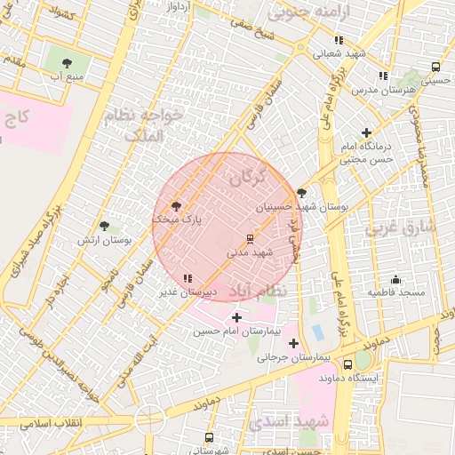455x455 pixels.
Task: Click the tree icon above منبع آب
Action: (x=68, y=61)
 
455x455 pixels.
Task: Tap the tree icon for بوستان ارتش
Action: (x=105, y=227)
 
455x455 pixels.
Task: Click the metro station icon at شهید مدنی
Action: (x=250, y=239)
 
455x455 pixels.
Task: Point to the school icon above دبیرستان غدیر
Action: (x=187, y=279)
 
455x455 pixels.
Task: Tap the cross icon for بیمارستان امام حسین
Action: (x=236, y=317)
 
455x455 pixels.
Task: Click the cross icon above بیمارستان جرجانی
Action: (x=293, y=343)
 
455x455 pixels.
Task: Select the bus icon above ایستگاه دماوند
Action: (x=363, y=363)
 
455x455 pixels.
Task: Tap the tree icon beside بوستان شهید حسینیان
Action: (x=302, y=193)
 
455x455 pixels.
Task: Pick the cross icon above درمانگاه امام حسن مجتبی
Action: (x=366, y=132)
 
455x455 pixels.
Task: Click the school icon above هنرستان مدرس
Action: (x=383, y=76)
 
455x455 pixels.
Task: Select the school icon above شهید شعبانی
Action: (x=339, y=40)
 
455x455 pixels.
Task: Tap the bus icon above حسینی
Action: (x=435, y=67)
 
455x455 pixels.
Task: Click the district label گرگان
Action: (x=247, y=178)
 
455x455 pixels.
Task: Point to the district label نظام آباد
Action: (x=258, y=291)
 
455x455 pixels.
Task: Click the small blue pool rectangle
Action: (x=317, y=332)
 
